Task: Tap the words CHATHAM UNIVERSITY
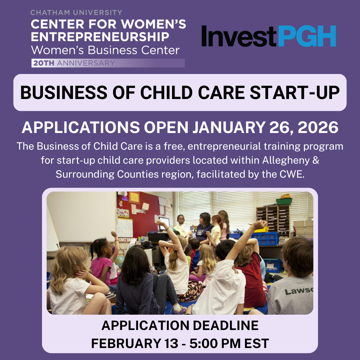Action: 76,13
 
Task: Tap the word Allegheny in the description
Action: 286,160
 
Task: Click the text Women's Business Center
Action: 105,50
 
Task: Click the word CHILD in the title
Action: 162,93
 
